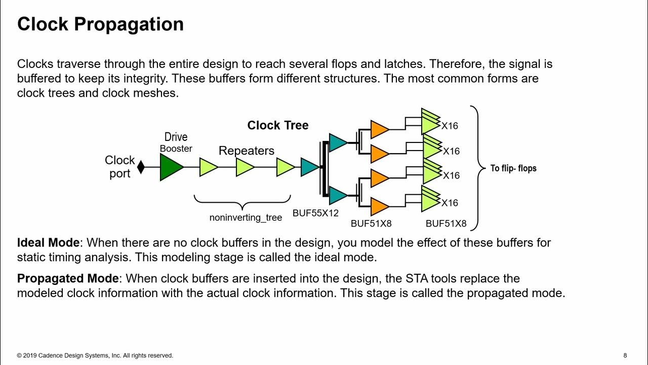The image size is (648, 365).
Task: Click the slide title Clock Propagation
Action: [x=100, y=24]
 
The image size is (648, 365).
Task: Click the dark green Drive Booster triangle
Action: [x=171, y=167]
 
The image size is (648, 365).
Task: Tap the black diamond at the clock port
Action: [x=141, y=167]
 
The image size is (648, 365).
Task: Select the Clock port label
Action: [x=120, y=167]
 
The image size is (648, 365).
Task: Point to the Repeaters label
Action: [x=247, y=151]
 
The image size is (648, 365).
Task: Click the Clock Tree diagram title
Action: [x=277, y=125]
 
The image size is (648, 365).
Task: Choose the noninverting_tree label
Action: [x=246, y=217]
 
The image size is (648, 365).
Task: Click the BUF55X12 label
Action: [x=315, y=213]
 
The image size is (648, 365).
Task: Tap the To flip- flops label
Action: [x=513, y=168]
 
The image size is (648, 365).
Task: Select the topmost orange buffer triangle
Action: [x=379, y=129]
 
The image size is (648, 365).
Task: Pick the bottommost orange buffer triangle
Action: [x=379, y=206]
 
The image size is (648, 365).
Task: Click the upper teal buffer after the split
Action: [x=338, y=142]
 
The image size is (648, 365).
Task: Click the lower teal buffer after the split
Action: [x=338, y=195]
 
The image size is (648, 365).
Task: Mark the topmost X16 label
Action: [x=450, y=126]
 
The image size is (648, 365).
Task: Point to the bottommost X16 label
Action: [x=450, y=203]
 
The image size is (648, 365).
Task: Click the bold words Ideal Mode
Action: [x=48, y=242]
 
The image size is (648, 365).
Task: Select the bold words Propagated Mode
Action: [x=68, y=278]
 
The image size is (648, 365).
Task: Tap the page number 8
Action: [x=625, y=355]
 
